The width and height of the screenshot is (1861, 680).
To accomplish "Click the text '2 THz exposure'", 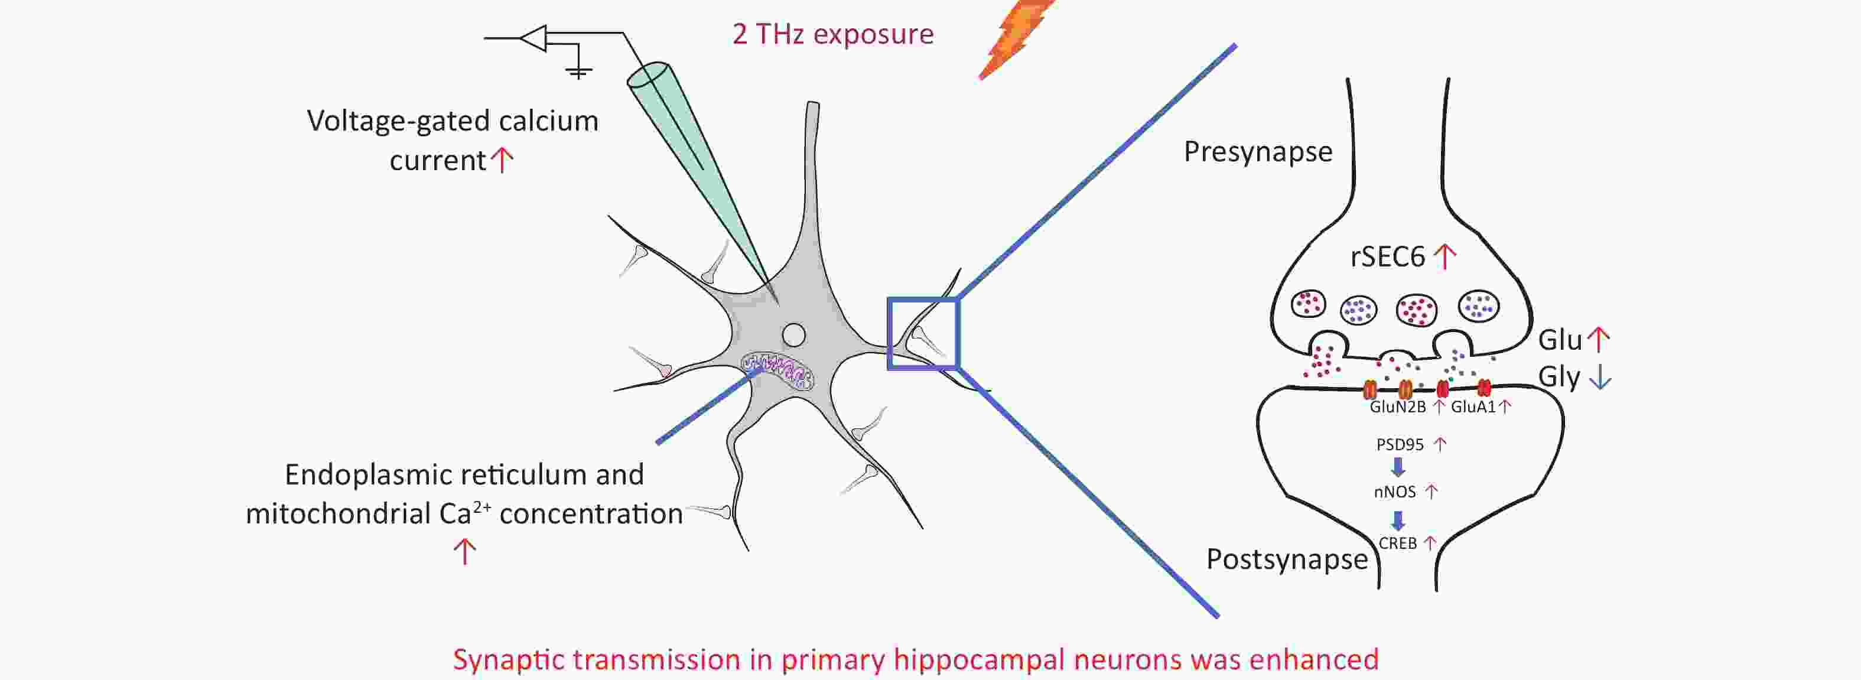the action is [x=833, y=34].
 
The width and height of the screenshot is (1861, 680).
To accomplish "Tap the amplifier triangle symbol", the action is [x=534, y=38].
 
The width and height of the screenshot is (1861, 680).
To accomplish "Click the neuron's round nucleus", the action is [x=794, y=334].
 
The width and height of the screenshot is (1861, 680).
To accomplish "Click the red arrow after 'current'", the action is [x=502, y=159].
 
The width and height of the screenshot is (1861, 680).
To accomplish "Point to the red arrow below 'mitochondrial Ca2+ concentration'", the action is [x=464, y=551].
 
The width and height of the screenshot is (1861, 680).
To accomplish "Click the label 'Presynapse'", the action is [x=1258, y=152].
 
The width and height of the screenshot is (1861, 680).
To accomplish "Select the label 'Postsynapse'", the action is [x=1287, y=559].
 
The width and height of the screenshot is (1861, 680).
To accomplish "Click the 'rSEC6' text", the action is [x=1387, y=256].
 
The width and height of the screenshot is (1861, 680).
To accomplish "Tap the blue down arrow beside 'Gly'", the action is [x=1600, y=376].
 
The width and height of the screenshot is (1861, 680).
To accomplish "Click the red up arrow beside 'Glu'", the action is [x=1599, y=339].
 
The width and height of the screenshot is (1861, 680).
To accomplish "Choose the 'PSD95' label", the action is [x=1400, y=444].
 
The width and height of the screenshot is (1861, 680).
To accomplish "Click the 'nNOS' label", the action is [x=1394, y=492].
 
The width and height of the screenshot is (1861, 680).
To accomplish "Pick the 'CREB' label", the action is [x=1397, y=544].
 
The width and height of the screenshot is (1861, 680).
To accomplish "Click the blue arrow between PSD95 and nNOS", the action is [x=1398, y=467].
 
